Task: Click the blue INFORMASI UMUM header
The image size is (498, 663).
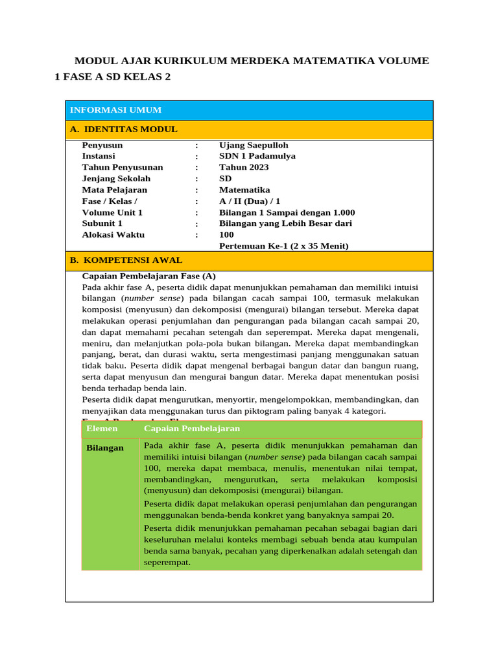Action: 115,110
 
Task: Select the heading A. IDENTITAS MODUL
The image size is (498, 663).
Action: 123,129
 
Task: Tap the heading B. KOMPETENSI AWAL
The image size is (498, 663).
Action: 126,260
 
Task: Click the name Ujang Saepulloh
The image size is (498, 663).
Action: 254,145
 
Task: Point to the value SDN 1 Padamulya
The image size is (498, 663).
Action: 257,156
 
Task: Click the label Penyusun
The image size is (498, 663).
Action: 102,145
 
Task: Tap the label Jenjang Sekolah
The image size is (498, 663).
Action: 116,179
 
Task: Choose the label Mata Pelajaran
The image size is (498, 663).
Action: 114,190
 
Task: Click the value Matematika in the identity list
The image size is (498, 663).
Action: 244,190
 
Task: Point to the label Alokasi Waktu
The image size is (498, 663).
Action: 113,234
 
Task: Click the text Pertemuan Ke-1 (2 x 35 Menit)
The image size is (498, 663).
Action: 283,246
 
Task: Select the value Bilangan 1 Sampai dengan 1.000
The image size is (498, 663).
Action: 287,212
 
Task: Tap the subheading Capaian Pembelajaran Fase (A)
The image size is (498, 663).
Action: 148,276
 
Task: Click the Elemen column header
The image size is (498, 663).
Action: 102,429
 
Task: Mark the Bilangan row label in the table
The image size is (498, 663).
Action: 104,448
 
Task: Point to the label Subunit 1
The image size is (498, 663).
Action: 102,223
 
